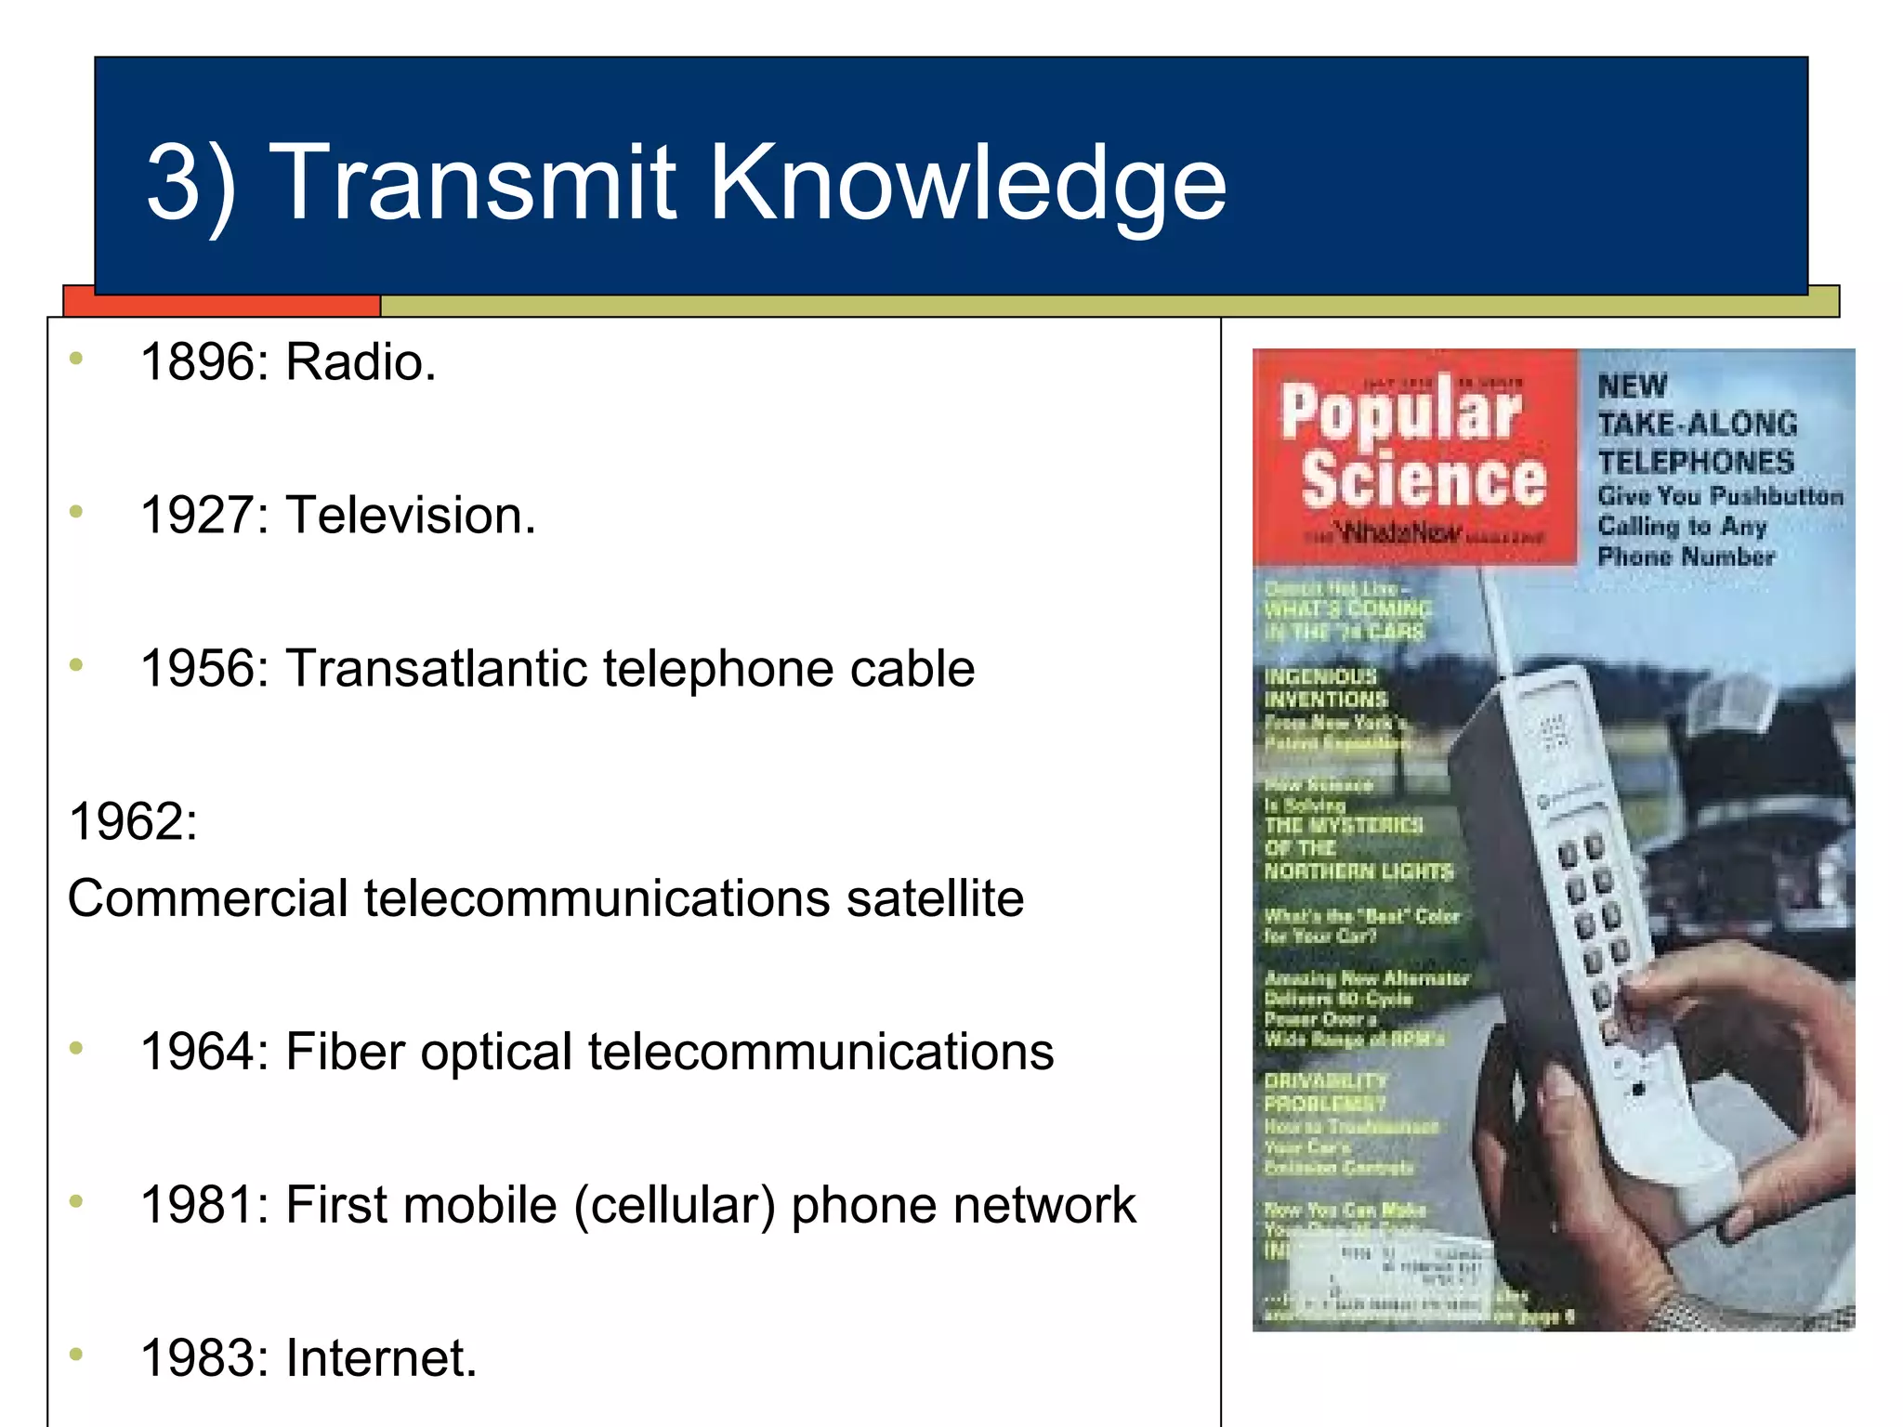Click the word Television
[x=409, y=516]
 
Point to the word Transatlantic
[x=436, y=669]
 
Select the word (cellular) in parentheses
[x=674, y=1206]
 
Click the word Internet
[x=380, y=1359]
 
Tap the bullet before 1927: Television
[x=76, y=511]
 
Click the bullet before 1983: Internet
[x=76, y=1355]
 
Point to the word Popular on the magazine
[x=1401, y=412]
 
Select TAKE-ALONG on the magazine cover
[x=1697, y=425]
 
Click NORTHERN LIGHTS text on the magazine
[x=1358, y=871]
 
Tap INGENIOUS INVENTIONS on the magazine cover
[x=1326, y=687]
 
